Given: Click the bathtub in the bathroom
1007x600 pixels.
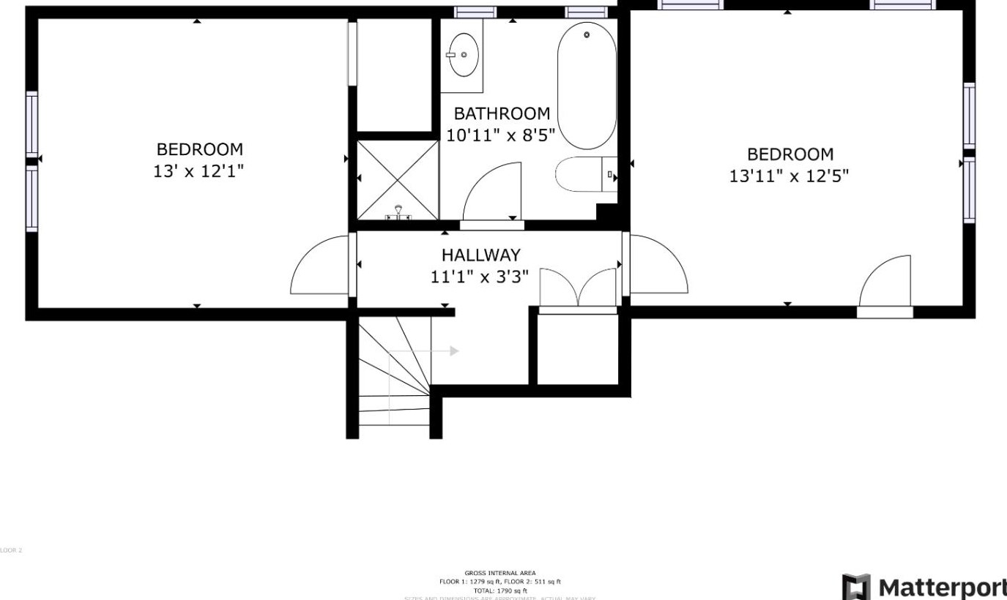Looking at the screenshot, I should click(x=587, y=86).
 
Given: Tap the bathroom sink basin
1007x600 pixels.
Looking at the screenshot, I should click(x=464, y=54).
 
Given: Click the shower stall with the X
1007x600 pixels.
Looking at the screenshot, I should click(x=398, y=179).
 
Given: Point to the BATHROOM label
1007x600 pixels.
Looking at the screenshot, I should click(x=502, y=113).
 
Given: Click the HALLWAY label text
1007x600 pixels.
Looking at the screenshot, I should click(x=480, y=255).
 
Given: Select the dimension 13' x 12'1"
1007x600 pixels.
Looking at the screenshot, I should click(x=199, y=171).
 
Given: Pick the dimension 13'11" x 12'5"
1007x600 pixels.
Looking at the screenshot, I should click(x=789, y=176).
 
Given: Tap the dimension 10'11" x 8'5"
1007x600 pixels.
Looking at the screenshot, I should click(x=502, y=135).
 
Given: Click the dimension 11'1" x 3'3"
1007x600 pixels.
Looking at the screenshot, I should click(x=480, y=277).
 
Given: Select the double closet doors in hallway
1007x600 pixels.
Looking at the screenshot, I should click(x=578, y=288).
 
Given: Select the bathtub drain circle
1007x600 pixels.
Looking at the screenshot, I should click(x=587, y=34).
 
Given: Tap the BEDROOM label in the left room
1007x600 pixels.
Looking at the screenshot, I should click(x=199, y=149).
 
